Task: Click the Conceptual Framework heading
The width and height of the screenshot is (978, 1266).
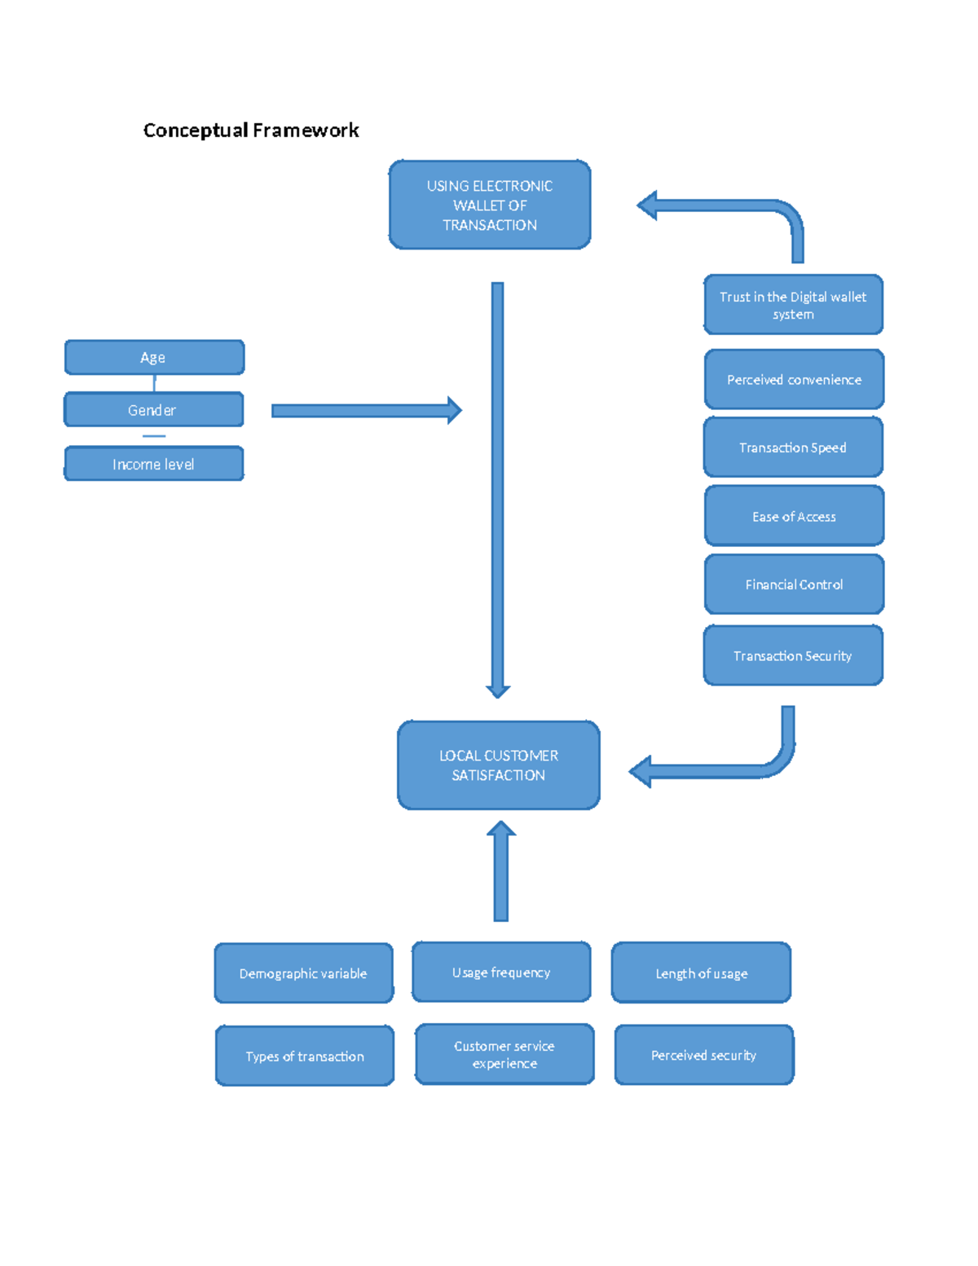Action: click(x=251, y=130)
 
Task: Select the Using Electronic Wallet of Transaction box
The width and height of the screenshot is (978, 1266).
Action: click(x=490, y=205)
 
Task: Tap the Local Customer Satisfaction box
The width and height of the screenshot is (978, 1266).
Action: click(x=499, y=765)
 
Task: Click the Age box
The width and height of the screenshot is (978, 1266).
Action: click(x=154, y=358)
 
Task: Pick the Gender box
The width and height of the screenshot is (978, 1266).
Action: click(x=153, y=410)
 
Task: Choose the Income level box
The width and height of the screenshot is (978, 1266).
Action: click(x=153, y=464)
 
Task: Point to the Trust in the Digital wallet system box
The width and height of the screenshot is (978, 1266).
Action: click(x=793, y=305)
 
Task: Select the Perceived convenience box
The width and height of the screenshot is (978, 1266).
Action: click(x=794, y=380)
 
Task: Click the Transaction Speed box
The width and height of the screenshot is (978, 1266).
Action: click(x=793, y=448)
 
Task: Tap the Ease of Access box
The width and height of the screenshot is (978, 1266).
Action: click(x=794, y=516)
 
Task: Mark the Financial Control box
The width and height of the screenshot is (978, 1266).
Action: click(x=794, y=584)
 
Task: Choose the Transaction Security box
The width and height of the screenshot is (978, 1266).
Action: click(x=793, y=655)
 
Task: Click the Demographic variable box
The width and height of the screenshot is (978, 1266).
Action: click(x=303, y=973)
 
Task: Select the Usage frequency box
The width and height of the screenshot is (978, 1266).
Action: click(x=501, y=972)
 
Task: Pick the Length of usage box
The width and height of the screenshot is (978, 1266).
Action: click(x=701, y=973)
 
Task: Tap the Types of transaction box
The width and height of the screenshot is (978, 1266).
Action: click(x=305, y=1056)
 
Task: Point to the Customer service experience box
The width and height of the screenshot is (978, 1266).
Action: click(x=504, y=1054)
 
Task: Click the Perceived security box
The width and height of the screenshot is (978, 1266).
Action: click(x=704, y=1055)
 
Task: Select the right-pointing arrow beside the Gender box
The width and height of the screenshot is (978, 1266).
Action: click(x=366, y=410)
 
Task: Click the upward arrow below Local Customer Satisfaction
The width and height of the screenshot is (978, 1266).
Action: click(x=501, y=872)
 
